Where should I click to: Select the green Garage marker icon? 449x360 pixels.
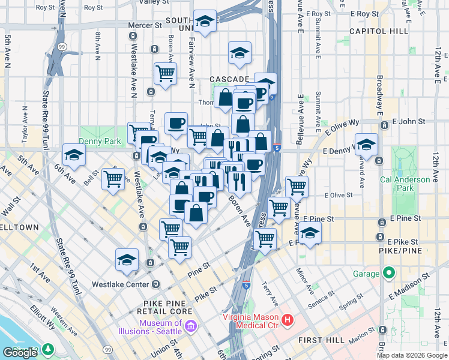click(x=389, y=274)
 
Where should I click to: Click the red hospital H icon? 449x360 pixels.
click(x=288, y=320)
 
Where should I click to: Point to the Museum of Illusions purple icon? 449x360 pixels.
click(x=191, y=327)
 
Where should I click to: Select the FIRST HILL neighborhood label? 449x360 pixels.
click(x=321, y=340)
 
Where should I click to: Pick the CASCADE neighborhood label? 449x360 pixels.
click(x=229, y=79)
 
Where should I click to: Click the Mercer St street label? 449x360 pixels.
click(x=145, y=26)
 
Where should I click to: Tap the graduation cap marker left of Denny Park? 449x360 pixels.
click(x=74, y=155)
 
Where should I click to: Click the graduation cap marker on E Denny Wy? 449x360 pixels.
click(x=366, y=145)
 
